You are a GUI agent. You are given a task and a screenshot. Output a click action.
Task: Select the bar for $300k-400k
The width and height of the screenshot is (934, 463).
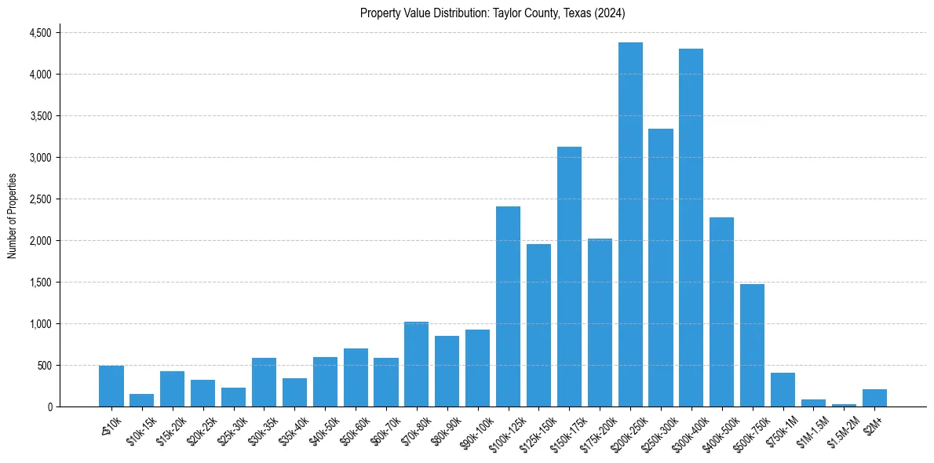(x=691, y=228)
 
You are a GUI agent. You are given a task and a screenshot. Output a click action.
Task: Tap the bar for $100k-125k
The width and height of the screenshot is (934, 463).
(x=508, y=307)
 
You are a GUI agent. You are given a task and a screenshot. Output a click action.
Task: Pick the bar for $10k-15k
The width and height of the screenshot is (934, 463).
(x=141, y=400)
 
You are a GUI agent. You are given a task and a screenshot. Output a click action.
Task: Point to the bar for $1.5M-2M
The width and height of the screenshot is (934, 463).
(x=844, y=405)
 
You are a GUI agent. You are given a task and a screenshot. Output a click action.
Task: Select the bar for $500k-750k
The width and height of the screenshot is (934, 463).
(x=752, y=345)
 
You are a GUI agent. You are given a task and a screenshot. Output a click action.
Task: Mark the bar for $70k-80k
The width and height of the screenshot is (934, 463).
(x=416, y=364)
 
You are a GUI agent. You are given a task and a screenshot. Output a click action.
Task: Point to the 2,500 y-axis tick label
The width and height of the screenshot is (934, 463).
(x=39, y=199)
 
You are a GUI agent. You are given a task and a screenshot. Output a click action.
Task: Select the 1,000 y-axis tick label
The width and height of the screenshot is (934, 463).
(x=39, y=324)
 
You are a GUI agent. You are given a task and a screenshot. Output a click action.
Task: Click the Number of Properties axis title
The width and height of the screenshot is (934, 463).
(x=12, y=216)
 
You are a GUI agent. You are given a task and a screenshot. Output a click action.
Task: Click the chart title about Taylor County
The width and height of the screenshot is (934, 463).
(x=492, y=13)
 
